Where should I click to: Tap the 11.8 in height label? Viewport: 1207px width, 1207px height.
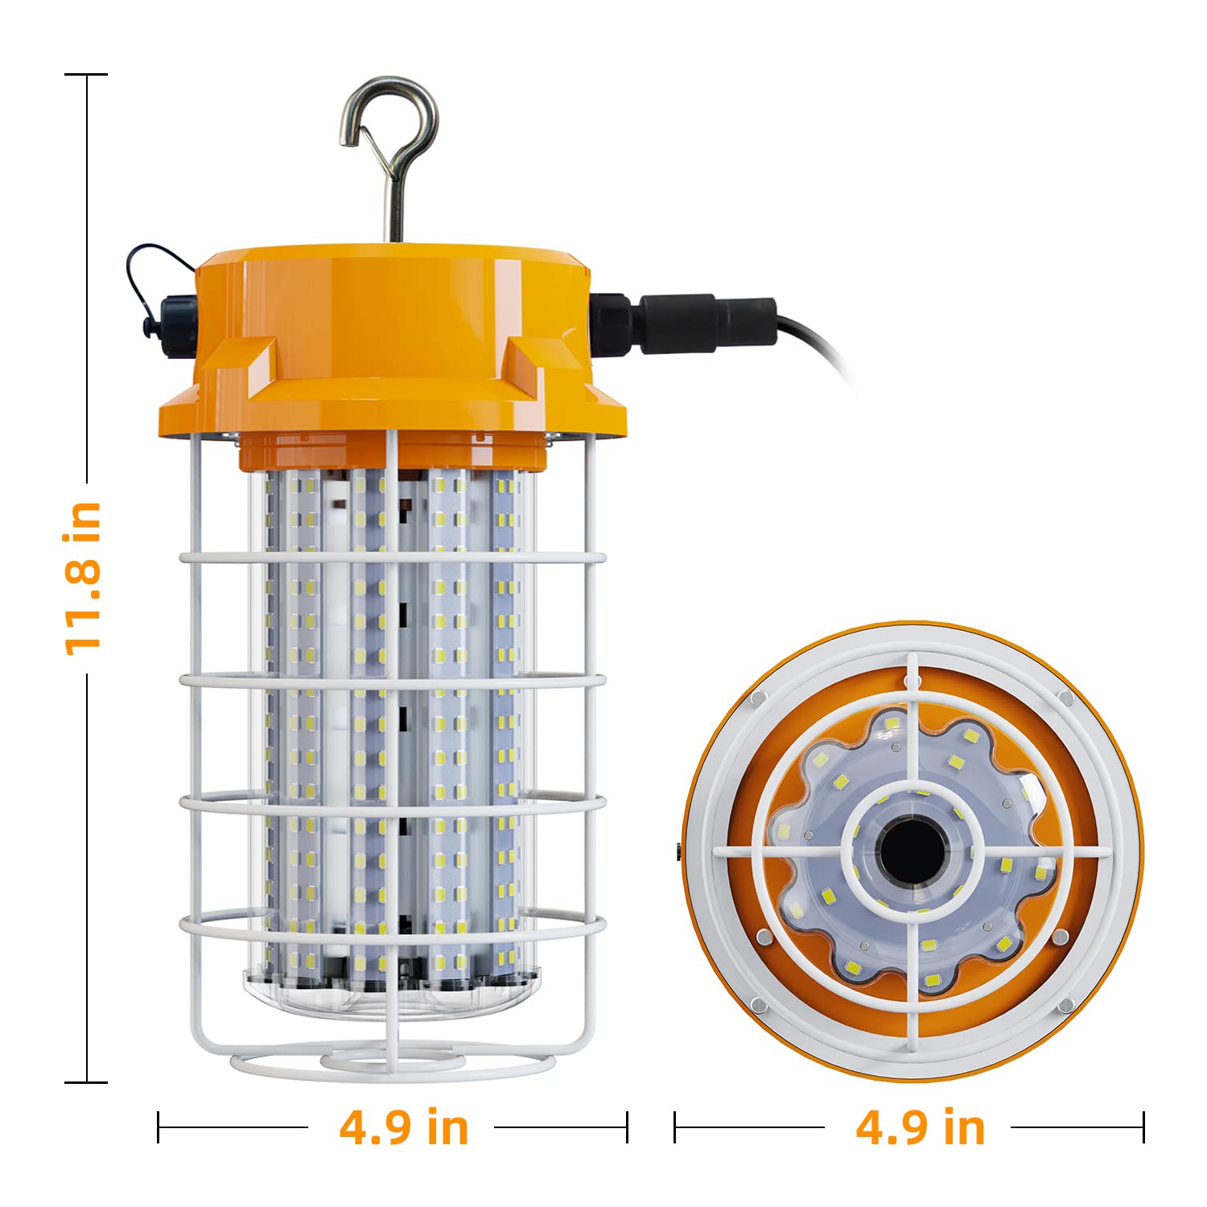pos(83,578)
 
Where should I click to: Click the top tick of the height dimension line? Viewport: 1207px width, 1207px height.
pos(87,75)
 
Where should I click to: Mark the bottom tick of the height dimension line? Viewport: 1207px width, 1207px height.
pos(87,1082)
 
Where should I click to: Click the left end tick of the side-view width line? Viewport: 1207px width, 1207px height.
pos(159,1127)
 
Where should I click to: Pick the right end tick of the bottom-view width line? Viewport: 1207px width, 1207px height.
pos(1143,1127)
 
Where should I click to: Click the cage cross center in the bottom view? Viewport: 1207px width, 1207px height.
pos(912,851)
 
